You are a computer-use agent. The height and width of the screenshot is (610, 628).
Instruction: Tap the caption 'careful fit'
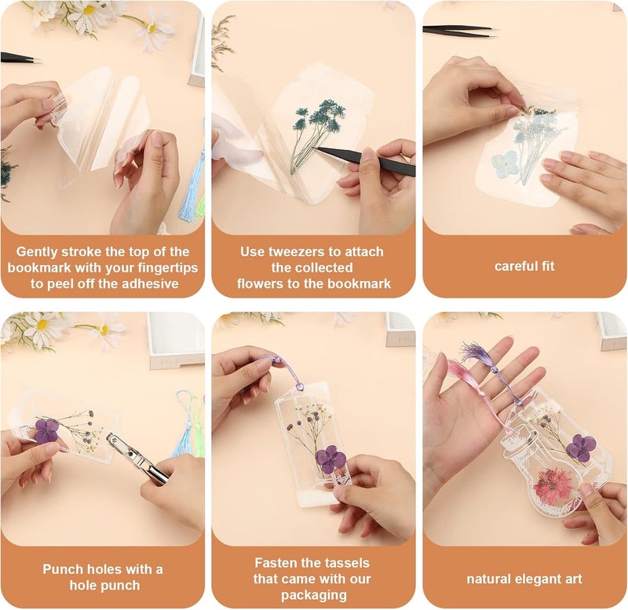coord(524,266)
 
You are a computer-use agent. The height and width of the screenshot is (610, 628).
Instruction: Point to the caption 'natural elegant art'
coord(524,579)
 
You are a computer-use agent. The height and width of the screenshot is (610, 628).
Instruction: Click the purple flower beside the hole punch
coord(46,430)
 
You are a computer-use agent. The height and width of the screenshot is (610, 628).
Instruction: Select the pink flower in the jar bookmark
coord(555,487)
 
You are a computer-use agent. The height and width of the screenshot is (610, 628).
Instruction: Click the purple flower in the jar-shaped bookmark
coord(579,448)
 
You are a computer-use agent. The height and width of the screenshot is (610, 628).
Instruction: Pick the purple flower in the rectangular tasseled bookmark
coord(330,459)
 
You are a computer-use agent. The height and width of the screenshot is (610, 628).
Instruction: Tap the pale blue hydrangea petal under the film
coord(505,164)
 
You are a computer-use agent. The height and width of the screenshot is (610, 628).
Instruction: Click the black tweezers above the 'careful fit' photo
coord(459,30)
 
